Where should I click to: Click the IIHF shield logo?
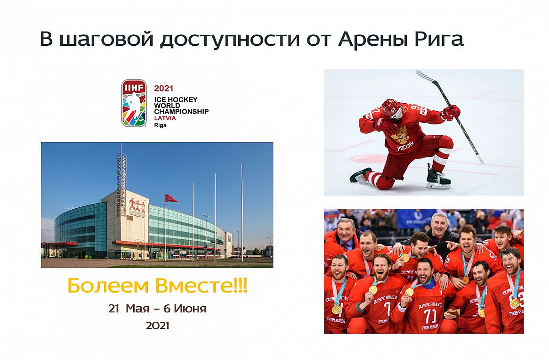134,103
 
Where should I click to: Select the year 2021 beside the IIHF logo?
163,88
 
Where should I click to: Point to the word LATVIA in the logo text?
165,118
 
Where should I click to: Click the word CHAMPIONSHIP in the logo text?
181,112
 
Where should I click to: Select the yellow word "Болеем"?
108,286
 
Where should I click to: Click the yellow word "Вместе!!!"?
202,286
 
